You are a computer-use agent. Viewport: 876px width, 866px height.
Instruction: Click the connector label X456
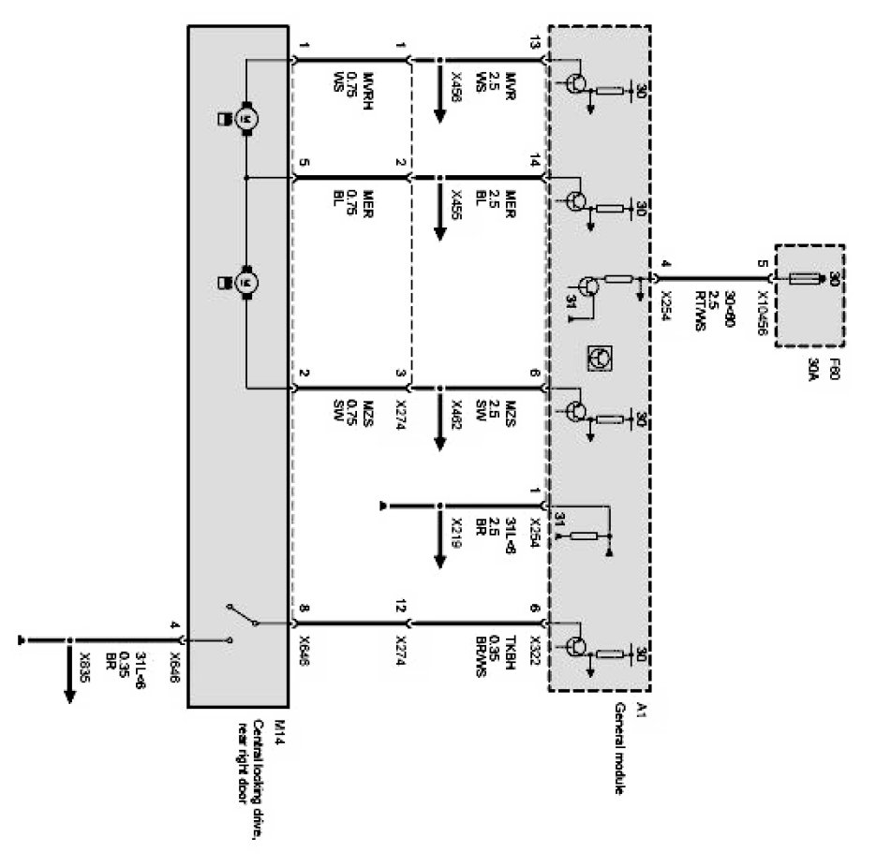(x=455, y=87)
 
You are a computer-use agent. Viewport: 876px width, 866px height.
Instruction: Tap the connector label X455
(x=455, y=202)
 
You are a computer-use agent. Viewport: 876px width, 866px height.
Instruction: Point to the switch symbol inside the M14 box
(x=241, y=619)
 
